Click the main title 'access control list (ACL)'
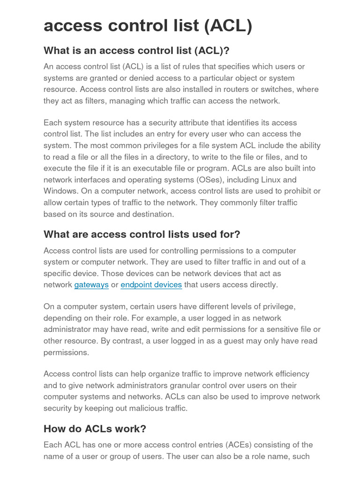click(x=148, y=25)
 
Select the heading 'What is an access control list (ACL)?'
click(x=136, y=50)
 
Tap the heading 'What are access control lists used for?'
click(x=142, y=234)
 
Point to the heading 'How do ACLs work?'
click(x=95, y=428)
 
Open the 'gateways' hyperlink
click(x=91, y=285)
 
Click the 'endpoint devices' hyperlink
click(x=151, y=285)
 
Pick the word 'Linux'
click(x=270, y=180)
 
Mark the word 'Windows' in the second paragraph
click(x=60, y=191)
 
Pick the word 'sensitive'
click(x=276, y=330)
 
